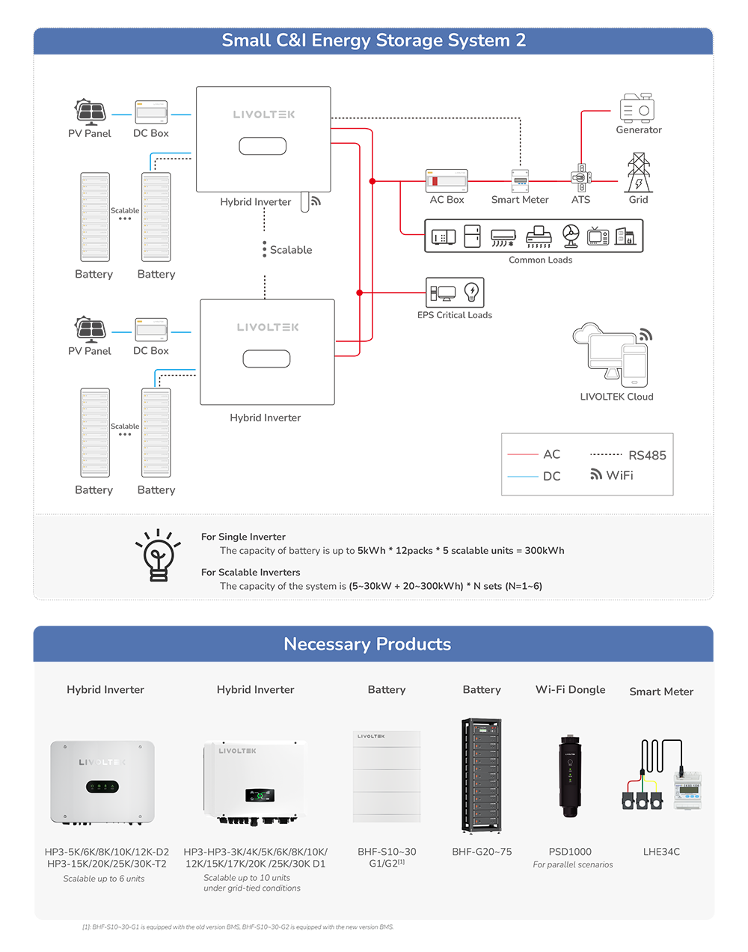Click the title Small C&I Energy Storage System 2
pyautogui.click(x=373, y=40)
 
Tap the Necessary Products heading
pyautogui.click(x=367, y=644)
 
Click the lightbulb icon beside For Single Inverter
pyautogui.click(x=158, y=555)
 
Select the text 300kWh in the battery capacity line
pyautogui.click(x=545, y=551)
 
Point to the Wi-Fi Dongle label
pyautogui.click(x=570, y=690)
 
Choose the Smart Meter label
pyautogui.click(x=661, y=692)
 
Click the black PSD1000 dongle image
pyautogui.click(x=570, y=776)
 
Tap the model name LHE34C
pyautogui.click(x=661, y=852)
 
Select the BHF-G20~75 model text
pyautogui.click(x=482, y=852)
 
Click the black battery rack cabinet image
pyautogui.click(x=481, y=776)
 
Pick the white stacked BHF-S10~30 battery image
pyautogui.click(x=387, y=776)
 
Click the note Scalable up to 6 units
pyautogui.click(x=104, y=879)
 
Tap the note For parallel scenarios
pyautogui.click(x=573, y=865)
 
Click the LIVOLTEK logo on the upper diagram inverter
pyautogui.click(x=264, y=115)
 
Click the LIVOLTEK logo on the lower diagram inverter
pyautogui.click(x=268, y=327)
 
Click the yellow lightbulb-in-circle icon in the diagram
pyautogui.click(x=471, y=291)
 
